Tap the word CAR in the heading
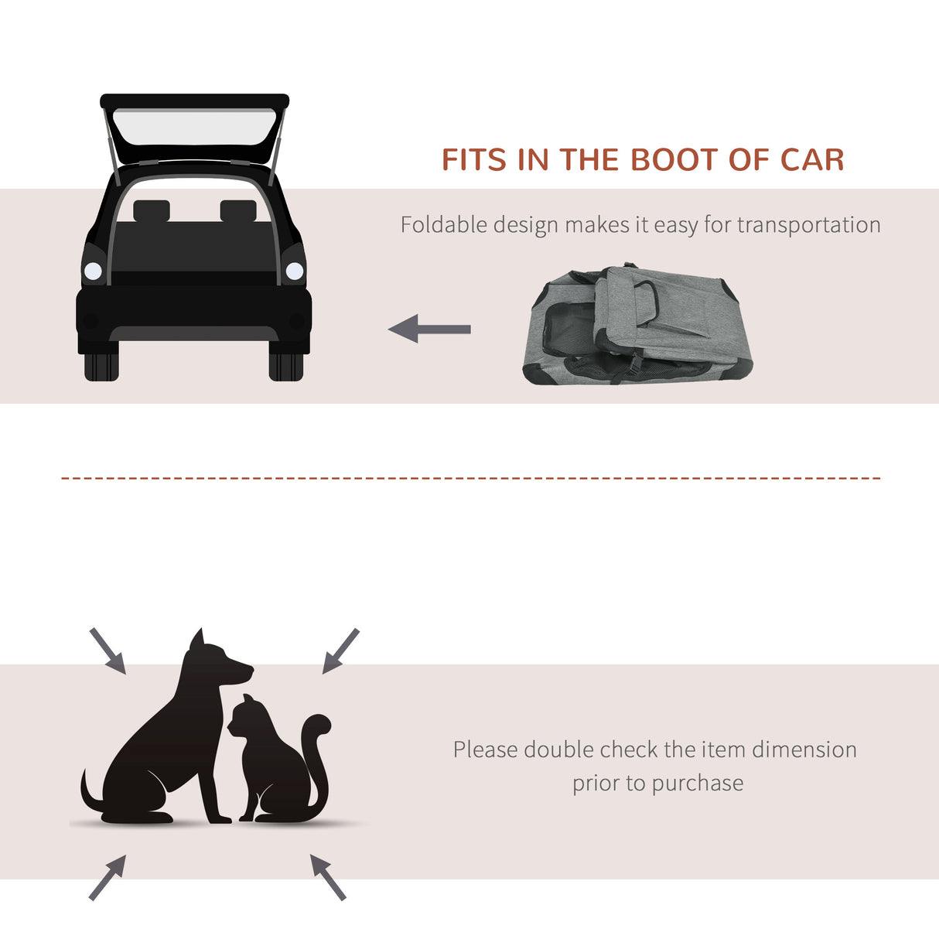[811, 160]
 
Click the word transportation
[808, 225]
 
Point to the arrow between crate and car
[429, 329]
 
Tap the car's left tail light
[93, 271]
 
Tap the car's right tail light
[295, 271]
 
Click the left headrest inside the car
[151, 210]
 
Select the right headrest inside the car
[237, 210]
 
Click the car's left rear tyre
[101, 367]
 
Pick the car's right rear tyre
[286, 367]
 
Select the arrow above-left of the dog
[108, 650]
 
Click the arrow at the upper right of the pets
[340, 650]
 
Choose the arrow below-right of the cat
[328, 877]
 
